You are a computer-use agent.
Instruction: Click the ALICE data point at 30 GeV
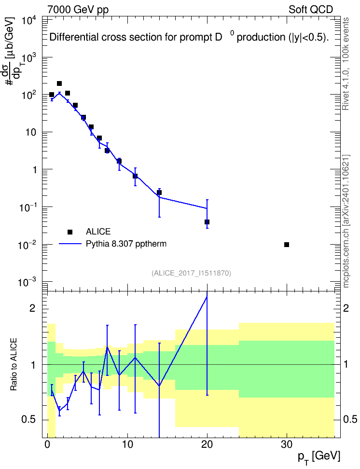[286, 245]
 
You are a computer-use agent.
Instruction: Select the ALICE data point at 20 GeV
[207, 222]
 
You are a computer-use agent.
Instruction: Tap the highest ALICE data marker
[59, 83]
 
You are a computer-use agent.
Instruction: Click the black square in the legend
[70, 232]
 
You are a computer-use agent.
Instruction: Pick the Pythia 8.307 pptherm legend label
[126, 244]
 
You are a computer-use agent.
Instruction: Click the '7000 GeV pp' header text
[78, 10]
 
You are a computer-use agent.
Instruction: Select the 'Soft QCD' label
[311, 10]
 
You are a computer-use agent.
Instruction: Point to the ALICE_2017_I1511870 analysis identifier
[191, 273]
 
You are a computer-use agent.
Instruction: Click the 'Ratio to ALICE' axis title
[14, 364]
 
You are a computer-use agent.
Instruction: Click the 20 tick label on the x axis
[207, 444]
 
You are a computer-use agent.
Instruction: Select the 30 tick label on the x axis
[286, 444]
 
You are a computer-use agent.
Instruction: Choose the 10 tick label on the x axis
[127, 444]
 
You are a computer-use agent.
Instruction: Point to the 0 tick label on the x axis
[48, 444]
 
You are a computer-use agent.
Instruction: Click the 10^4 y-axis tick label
[29, 21]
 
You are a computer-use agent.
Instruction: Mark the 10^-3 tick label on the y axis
[28, 282]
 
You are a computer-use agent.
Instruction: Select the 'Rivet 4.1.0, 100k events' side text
[346, 64]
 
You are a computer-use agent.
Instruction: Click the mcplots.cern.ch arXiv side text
[346, 221]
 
